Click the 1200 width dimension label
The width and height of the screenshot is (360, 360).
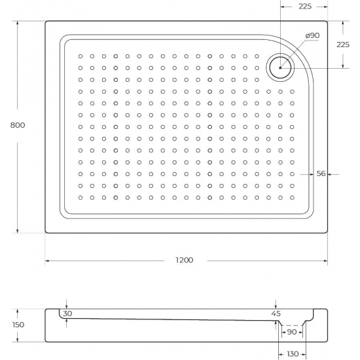tap(184, 261)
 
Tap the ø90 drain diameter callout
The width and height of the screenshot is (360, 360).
tap(312, 35)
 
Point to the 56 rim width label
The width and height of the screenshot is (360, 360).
tap(321, 174)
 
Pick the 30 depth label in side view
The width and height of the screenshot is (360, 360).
tap(68, 314)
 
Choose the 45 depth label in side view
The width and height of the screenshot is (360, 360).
tap(276, 314)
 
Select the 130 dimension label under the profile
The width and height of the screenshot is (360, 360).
tap(291, 353)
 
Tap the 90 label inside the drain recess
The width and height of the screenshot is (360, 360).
tap(292, 333)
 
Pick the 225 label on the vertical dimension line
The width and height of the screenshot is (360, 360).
tap(342, 45)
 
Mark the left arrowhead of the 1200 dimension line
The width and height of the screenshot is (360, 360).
tap(48, 261)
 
